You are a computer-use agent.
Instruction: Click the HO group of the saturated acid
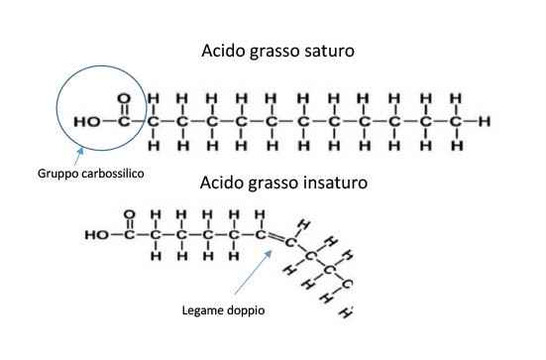click(x=87, y=122)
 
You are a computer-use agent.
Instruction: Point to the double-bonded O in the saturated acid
click(x=123, y=99)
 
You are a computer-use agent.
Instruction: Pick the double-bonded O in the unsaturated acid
click(x=130, y=213)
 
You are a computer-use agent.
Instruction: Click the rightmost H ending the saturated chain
click(x=484, y=122)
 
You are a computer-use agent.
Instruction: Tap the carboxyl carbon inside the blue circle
click(x=123, y=122)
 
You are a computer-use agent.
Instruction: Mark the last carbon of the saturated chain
click(x=455, y=122)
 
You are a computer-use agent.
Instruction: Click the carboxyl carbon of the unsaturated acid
click(x=130, y=236)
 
